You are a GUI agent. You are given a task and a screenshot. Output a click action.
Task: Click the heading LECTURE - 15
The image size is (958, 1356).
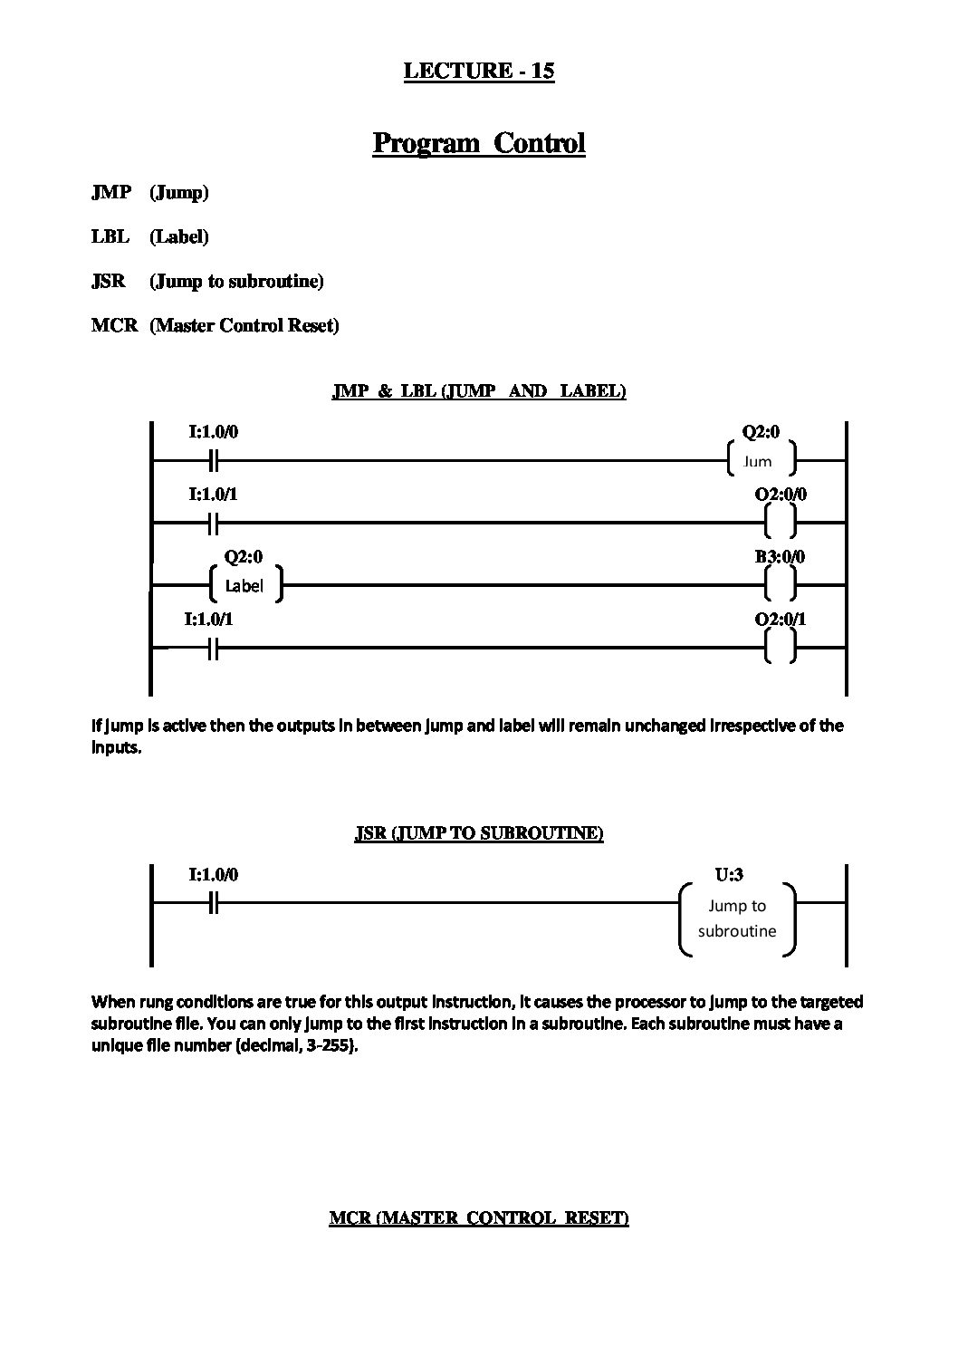(478, 71)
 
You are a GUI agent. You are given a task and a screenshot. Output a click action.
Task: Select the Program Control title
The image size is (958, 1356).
(479, 143)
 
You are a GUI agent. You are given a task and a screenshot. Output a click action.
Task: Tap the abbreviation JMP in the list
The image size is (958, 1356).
(110, 192)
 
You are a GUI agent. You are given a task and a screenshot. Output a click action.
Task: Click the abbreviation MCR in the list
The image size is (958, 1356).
(114, 325)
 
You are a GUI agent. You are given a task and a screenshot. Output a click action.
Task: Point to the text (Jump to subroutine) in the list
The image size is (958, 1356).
(236, 281)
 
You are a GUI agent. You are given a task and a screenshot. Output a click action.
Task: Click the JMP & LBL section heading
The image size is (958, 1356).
(479, 391)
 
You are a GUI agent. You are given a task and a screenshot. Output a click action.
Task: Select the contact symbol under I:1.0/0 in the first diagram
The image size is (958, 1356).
(213, 461)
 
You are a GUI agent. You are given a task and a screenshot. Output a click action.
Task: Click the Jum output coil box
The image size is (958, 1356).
(762, 460)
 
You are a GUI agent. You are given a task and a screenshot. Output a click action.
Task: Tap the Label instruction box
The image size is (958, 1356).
(244, 586)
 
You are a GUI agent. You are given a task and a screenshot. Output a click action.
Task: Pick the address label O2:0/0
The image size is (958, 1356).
(781, 495)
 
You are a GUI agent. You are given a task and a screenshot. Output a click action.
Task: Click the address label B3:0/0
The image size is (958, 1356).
(781, 557)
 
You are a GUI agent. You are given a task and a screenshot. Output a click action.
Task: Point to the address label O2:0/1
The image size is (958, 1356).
(781, 620)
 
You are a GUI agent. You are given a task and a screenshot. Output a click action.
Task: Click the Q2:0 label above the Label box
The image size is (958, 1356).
(244, 557)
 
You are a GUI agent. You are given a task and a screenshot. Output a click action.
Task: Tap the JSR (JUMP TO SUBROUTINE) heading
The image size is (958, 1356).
(479, 833)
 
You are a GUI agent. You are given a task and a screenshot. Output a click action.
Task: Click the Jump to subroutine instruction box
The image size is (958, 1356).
(738, 918)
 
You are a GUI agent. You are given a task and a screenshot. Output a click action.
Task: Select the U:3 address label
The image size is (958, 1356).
(729, 875)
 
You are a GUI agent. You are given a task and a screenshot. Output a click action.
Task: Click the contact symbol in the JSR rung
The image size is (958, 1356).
(213, 903)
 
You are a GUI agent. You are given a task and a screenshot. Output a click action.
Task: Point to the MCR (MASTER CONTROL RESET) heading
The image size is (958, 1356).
(479, 1218)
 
